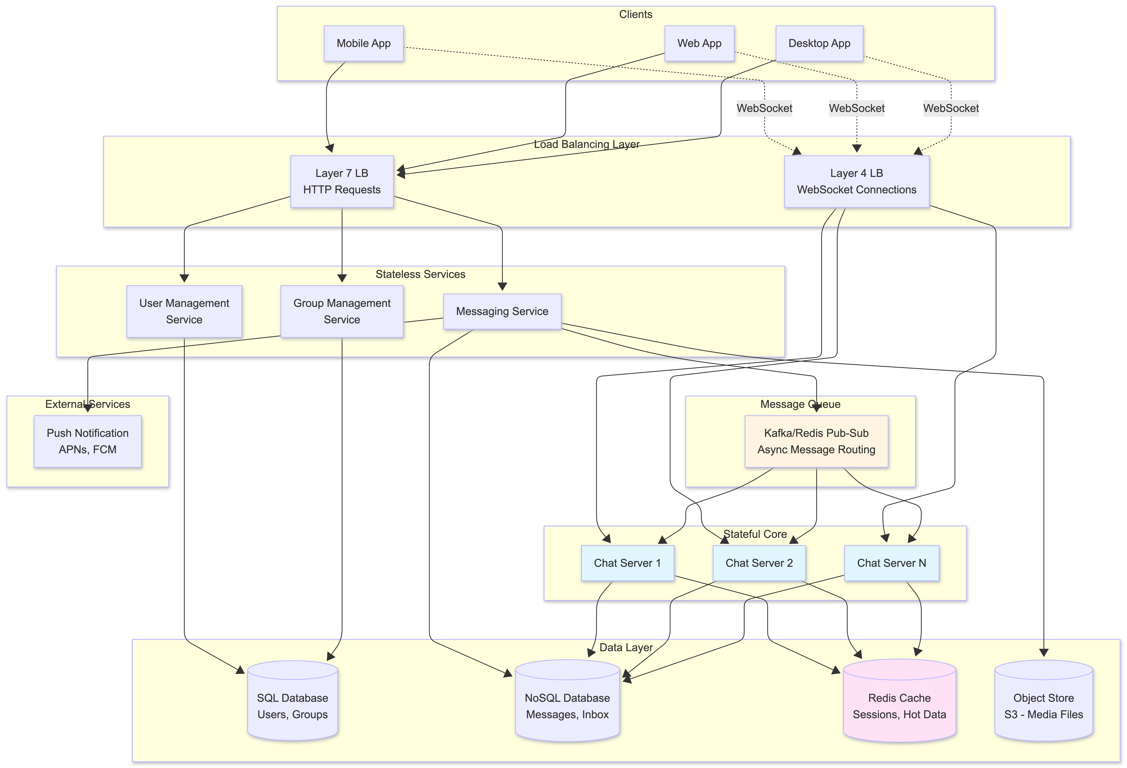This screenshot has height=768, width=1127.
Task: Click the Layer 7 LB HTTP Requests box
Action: [342, 181]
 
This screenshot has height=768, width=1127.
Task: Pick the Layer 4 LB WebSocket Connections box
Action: [856, 181]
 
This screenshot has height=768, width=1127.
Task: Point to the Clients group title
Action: [635, 15]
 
